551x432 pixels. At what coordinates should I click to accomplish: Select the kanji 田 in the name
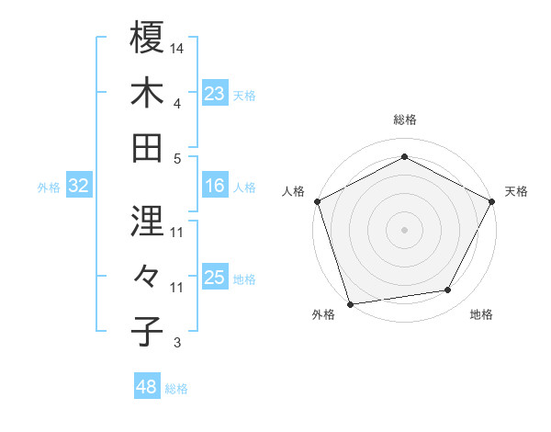pyautogui.click(x=148, y=147)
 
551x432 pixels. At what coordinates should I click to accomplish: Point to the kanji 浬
pyautogui.click(x=148, y=222)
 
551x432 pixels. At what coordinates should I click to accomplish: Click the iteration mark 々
pyautogui.click(x=148, y=276)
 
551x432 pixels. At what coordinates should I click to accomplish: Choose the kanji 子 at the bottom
pyautogui.click(x=148, y=331)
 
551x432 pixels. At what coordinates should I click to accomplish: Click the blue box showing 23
pyautogui.click(x=214, y=93)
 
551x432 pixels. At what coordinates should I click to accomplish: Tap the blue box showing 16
pyautogui.click(x=214, y=187)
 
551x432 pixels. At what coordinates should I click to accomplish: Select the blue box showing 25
pyautogui.click(x=214, y=279)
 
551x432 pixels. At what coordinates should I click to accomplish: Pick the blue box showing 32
pyautogui.click(x=79, y=187)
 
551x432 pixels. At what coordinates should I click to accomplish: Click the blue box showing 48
pyautogui.click(x=147, y=387)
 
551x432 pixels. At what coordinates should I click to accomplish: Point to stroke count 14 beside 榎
pyautogui.click(x=177, y=48)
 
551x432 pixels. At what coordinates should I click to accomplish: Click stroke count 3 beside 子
pyautogui.click(x=177, y=344)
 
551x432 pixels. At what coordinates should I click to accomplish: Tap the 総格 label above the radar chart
pyautogui.click(x=404, y=119)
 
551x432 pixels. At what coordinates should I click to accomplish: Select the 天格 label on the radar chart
pyautogui.click(x=516, y=191)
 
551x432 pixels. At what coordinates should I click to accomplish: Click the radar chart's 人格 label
pyautogui.click(x=294, y=191)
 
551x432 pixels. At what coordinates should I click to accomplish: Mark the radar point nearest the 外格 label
pyautogui.click(x=350, y=304)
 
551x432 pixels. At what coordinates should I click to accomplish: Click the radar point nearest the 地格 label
pyautogui.click(x=448, y=290)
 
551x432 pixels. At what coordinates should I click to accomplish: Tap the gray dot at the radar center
pyautogui.click(x=404, y=229)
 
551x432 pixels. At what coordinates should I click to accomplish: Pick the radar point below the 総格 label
pyautogui.click(x=404, y=156)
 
